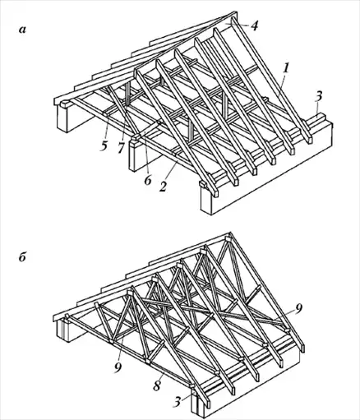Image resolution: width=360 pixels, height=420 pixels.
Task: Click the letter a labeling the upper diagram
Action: click(x=23, y=30)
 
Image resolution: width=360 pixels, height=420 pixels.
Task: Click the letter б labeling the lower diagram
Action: click(x=22, y=257)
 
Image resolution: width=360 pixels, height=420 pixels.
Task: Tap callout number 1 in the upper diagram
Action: click(x=286, y=68)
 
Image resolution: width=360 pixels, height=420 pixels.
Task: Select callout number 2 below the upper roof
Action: click(x=163, y=187)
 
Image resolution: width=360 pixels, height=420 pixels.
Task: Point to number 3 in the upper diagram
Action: click(x=319, y=96)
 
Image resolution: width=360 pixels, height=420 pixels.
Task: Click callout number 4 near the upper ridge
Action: click(x=255, y=25)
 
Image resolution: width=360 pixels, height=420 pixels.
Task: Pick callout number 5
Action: click(x=104, y=145)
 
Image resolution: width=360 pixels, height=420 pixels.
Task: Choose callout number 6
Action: click(x=148, y=181)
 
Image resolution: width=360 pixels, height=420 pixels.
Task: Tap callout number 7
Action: click(x=122, y=148)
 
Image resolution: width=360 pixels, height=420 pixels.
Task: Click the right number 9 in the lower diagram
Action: click(x=298, y=308)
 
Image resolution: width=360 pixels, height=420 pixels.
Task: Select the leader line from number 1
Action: click(x=281, y=85)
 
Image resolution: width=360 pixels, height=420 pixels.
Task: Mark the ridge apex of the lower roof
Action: click(x=229, y=233)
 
